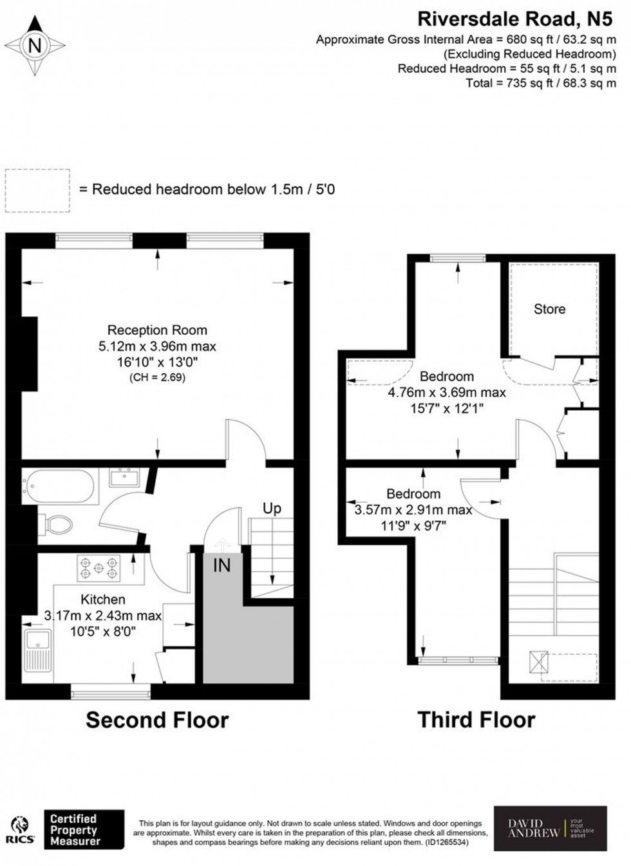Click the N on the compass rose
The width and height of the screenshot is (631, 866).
(x=35, y=46)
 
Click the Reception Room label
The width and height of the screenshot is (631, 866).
(x=157, y=330)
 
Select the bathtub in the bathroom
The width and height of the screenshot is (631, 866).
(x=59, y=487)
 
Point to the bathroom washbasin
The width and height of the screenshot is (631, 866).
(x=124, y=477)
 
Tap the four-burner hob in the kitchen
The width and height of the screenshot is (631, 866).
(x=99, y=568)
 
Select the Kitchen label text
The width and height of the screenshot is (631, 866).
(x=103, y=599)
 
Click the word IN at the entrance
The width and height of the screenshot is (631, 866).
(x=221, y=565)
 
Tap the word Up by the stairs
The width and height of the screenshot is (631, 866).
(x=272, y=508)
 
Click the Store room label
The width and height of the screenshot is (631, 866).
(x=549, y=309)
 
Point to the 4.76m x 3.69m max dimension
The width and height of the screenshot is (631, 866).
(x=447, y=392)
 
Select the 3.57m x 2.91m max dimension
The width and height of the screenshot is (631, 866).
(x=413, y=510)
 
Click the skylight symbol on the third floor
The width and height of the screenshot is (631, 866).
(x=538, y=661)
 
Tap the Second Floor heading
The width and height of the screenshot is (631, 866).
(x=157, y=719)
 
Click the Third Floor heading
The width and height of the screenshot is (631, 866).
(x=476, y=719)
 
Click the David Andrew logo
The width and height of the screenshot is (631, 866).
(x=550, y=828)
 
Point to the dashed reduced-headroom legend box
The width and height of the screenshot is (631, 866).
(x=37, y=190)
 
